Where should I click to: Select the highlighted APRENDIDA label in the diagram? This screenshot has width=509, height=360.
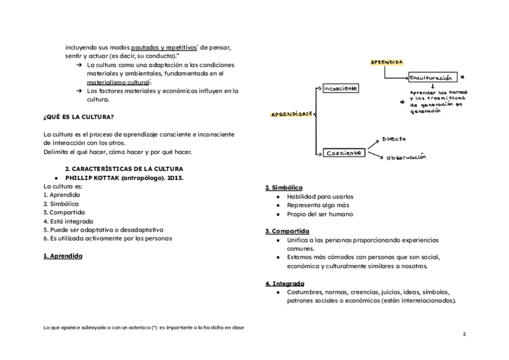387,62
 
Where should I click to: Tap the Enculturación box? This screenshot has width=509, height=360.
432,77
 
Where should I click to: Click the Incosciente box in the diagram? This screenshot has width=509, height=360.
340,88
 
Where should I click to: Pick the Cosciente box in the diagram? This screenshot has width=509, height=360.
344,153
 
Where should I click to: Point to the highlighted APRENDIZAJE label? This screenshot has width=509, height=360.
292,115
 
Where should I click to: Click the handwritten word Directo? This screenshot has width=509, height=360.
394,139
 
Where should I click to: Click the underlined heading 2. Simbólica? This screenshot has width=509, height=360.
284,188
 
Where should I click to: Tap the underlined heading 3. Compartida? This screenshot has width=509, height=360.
288,231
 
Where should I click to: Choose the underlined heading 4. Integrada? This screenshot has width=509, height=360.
285,283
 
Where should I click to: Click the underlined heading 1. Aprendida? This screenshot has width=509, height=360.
63,256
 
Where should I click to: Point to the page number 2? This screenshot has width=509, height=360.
464,334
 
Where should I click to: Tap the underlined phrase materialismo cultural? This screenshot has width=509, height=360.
118,82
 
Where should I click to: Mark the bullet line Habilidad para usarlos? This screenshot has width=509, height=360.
320,196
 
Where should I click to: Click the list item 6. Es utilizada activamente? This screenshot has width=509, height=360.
107,238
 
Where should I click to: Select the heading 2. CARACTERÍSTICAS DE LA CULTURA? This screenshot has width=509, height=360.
124,169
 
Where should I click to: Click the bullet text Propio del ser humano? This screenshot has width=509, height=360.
320,214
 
